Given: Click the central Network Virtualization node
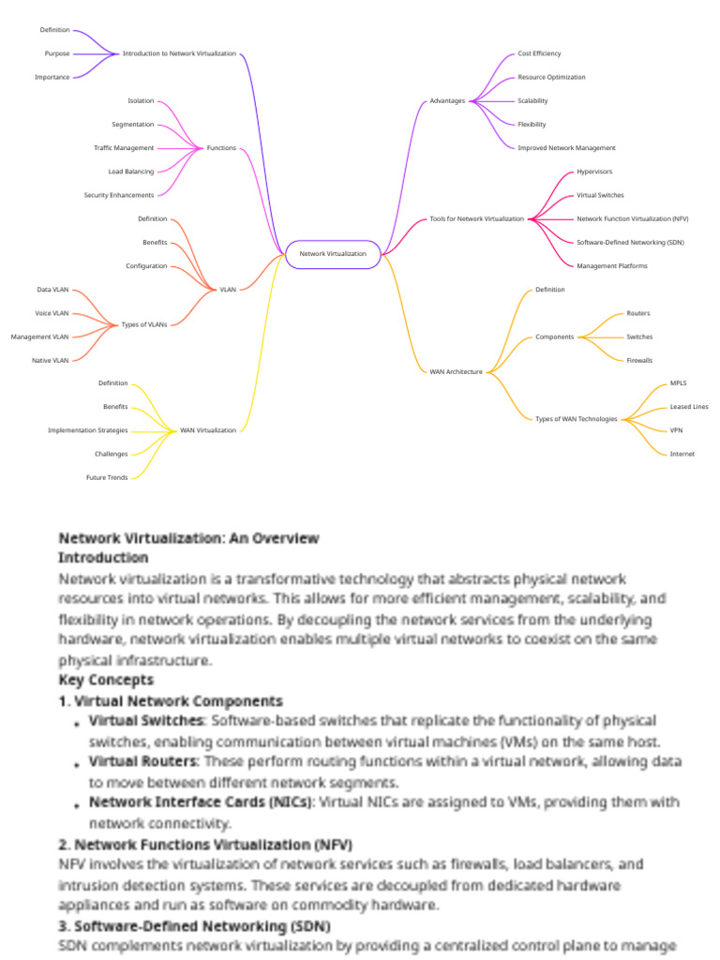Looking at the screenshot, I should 333,254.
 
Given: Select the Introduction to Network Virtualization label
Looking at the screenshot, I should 179,53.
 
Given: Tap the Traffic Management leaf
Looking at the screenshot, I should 124,148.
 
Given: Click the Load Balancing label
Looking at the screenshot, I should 131,172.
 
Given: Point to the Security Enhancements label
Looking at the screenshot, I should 119,195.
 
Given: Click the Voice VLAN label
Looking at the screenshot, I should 52,313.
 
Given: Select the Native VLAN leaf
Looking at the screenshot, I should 51,360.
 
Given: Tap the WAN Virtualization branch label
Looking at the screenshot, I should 208,430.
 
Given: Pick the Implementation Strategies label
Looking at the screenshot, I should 88,430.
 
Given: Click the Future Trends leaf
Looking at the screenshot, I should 107,477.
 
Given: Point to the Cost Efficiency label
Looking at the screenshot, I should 539,53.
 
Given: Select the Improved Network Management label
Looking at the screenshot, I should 566,148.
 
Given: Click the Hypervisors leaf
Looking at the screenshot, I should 593,172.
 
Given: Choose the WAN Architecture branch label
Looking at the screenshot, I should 457,371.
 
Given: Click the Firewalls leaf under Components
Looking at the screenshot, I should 639,360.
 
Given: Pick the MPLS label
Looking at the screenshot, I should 679,383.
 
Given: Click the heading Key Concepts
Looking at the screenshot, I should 106,680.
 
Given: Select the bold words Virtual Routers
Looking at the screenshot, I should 143,761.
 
